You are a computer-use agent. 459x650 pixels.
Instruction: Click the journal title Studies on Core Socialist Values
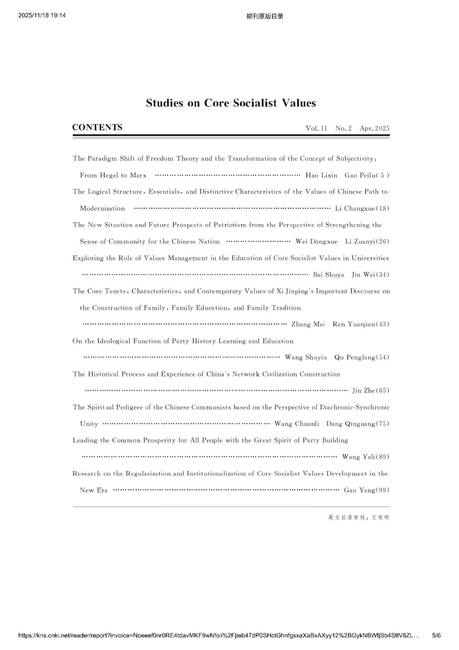pyautogui.click(x=231, y=103)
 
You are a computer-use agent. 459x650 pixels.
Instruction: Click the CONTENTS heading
pyautogui.click(x=97, y=127)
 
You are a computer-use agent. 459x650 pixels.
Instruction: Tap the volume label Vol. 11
pyautogui.click(x=316, y=128)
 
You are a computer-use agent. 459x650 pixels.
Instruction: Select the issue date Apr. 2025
pyautogui.click(x=374, y=128)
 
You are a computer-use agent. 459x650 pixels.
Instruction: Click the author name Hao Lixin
pyautogui.click(x=321, y=175)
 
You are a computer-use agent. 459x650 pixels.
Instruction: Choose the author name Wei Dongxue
pyautogui.click(x=316, y=242)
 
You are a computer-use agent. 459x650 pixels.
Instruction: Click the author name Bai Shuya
pyautogui.click(x=328, y=275)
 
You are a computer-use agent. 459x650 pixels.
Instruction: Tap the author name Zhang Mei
pyautogui.click(x=308, y=325)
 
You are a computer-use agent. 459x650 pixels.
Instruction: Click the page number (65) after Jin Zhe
pyautogui.click(x=383, y=391)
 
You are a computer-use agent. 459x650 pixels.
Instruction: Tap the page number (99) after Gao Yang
pyautogui.click(x=383, y=490)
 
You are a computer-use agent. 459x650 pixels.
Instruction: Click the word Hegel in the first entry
pyautogui.click(x=109, y=175)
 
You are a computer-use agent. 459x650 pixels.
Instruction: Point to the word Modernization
pyautogui.click(x=102, y=209)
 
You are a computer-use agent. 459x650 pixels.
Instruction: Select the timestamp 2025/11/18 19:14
pyautogui.click(x=42, y=15)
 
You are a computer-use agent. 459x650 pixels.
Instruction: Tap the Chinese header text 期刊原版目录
pyautogui.click(x=265, y=16)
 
